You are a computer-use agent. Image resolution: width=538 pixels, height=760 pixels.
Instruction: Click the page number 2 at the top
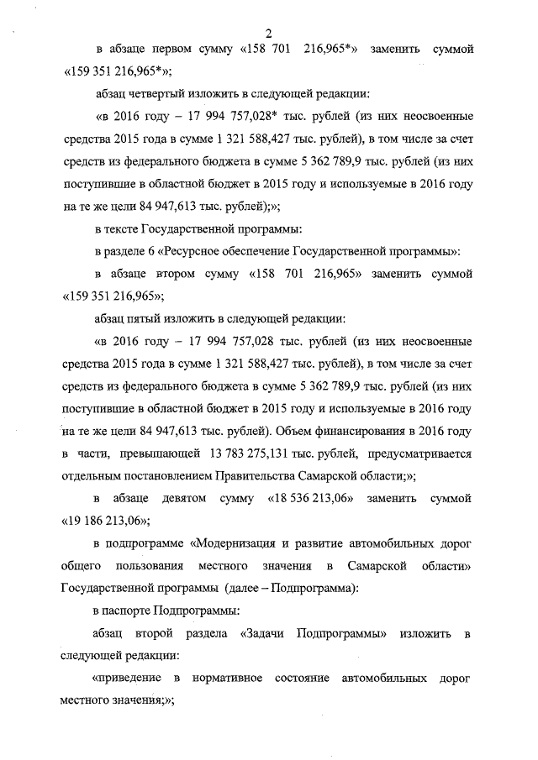point(269,34)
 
